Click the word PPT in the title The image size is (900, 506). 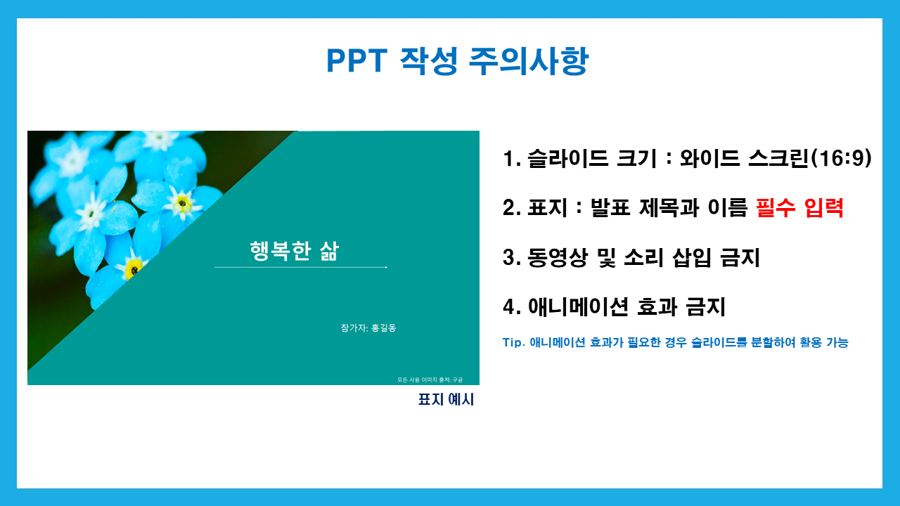pos(356,60)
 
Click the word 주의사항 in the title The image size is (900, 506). pos(529,60)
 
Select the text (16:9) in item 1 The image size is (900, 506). pos(842,158)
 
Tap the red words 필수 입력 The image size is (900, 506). pos(799,207)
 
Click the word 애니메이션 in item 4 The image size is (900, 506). pos(578,307)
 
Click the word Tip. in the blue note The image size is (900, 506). pos(514,342)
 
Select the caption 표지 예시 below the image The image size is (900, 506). pos(446,399)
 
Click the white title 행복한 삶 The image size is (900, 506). pos(295,251)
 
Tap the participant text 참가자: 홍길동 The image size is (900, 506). pos(368,327)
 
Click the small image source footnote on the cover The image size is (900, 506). pos(430,379)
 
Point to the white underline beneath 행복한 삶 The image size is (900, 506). pos(300,267)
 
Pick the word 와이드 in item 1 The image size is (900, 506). pos(709,158)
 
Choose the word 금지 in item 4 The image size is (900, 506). pos(705,307)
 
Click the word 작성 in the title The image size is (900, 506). pos(428,60)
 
